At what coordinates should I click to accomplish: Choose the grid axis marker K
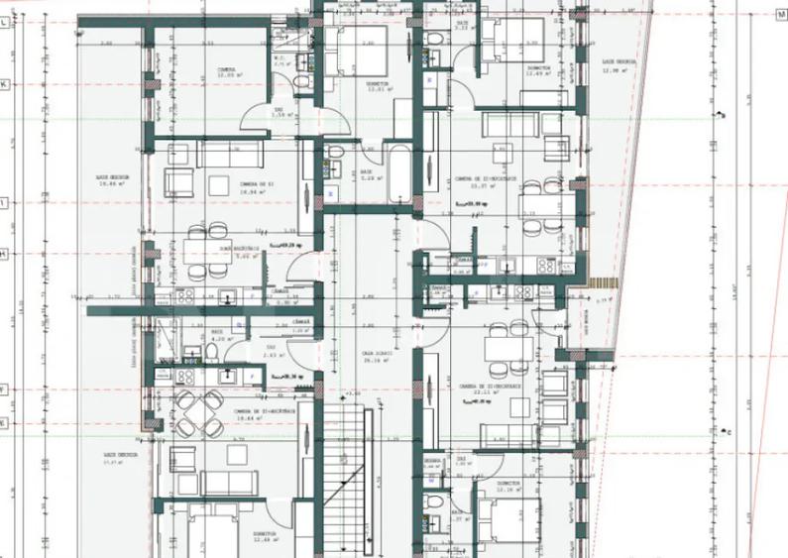coord(5,85)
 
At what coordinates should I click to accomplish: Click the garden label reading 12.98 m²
coord(619,65)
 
